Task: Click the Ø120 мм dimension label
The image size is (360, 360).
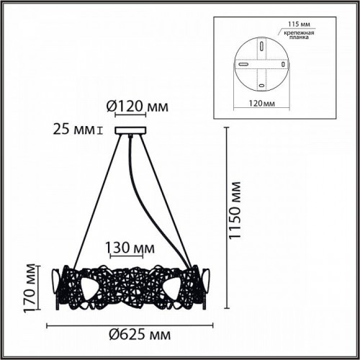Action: (138, 107)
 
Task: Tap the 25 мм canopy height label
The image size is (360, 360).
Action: (74, 130)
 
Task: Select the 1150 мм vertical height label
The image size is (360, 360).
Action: (235, 210)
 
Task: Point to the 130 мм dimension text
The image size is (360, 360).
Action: (130, 248)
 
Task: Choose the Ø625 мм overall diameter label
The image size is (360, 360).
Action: (140, 335)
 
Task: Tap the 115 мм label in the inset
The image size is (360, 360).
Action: (299, 24)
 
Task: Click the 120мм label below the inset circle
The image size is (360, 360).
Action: (261, 104)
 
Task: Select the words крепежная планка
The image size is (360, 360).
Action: (299, 35)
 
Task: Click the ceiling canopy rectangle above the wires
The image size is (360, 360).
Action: (130, 130)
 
